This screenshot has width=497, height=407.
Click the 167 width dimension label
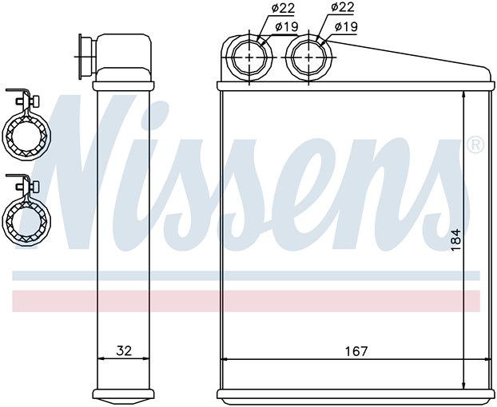point(356,351)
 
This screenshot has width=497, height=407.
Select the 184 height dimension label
point(455,240)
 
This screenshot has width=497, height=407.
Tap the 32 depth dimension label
point(124,350)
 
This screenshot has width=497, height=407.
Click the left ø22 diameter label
point(283,9)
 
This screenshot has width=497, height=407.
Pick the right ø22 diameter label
point(342,7)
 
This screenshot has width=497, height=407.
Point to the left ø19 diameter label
point(287,26)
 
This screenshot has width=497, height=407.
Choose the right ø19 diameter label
point(346,26)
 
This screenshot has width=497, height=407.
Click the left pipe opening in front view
point(250,57)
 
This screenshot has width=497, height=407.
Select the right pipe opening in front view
point(309,57)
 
